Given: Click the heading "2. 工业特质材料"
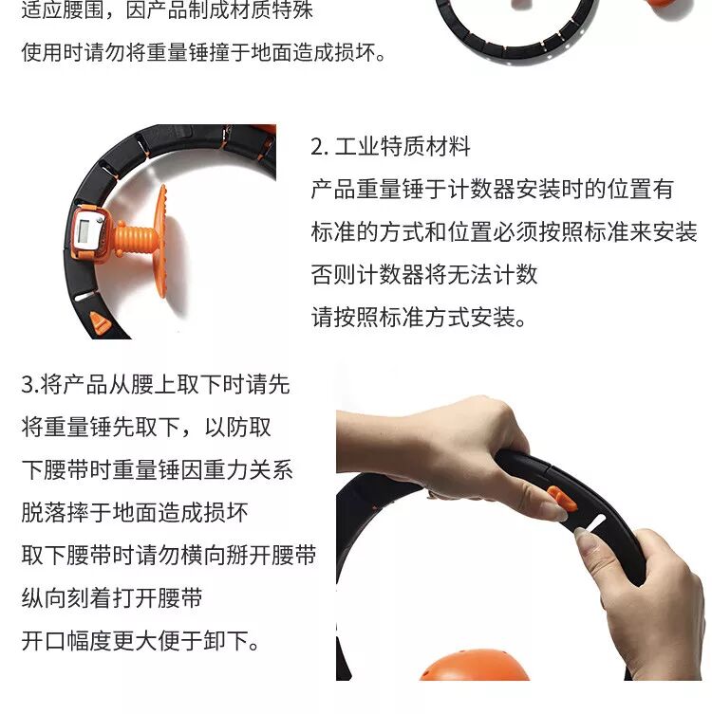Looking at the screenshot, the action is (390, 147).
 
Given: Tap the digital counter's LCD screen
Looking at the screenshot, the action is (84, 231).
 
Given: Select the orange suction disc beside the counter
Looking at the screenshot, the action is (161, 241).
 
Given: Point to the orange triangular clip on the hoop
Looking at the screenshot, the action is (101, 322).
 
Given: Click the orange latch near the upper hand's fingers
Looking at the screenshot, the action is (562, 499).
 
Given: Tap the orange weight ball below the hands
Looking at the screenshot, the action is (474, 666).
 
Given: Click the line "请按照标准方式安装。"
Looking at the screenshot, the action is (419, 317).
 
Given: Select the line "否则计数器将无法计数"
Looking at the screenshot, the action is (424, 275).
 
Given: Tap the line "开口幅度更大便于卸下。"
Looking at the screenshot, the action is (141, 641).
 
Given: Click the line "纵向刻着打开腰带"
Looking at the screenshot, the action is (112, 598).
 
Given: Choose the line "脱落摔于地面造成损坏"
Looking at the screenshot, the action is (135, 512).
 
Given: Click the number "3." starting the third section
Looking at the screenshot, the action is (30, 385).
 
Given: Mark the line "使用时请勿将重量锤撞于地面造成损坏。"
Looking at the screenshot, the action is (204, 52).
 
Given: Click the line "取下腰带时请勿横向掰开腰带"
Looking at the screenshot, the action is (169, 555).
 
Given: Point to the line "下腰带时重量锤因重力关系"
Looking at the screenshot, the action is (158, 469).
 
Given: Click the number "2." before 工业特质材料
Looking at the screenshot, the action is (319, 147).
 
